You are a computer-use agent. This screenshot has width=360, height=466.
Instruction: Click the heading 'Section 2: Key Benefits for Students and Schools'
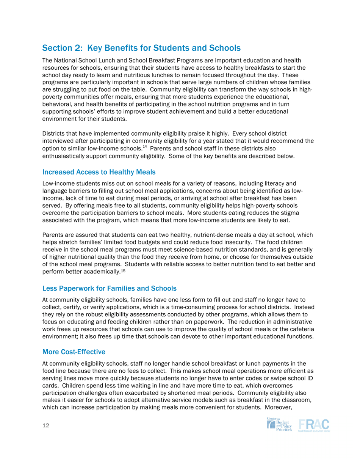tap(141, 48)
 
